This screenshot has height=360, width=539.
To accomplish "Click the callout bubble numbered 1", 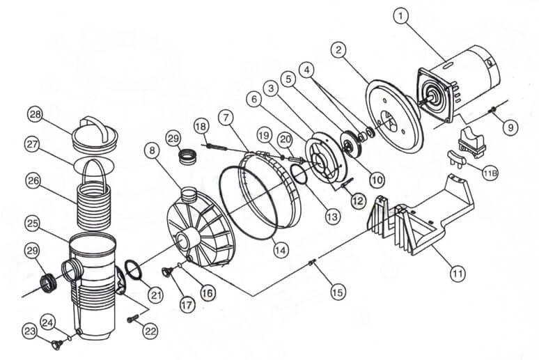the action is (x=402, y=16).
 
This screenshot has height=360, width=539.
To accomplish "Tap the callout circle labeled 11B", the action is (x=490, y=174).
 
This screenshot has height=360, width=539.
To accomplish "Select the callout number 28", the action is (x=35, y=114).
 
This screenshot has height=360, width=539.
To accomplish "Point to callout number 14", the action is (x=280, y=250).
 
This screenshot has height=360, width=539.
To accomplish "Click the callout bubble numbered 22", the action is (x=150, y=331).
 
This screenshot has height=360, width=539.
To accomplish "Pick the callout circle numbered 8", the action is (x=153, y=150).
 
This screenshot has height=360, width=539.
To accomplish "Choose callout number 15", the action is (x=337, y=292).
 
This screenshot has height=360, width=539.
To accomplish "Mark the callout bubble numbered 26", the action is (x=33, y=181).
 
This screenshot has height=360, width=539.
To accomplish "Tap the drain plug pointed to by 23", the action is (x=57, y=344).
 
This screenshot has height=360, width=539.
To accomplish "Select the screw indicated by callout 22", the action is (x=132, y=319).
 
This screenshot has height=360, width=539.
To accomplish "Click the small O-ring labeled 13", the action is (x=299, y=173).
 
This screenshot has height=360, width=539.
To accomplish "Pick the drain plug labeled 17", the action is (x=166, y=272).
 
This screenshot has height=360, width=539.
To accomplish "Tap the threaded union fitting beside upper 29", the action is (x=187, y=157).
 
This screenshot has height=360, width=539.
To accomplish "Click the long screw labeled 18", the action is (x=216, y=148).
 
